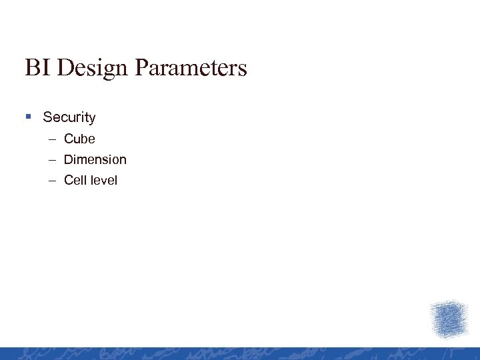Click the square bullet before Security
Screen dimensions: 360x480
coord(29,117)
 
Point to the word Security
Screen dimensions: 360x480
coord(69,117)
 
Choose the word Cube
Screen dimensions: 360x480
coord(79,139)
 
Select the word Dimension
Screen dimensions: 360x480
coord(95,159)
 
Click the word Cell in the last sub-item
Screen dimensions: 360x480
coord(75,180)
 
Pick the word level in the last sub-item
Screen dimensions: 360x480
coord(103,180)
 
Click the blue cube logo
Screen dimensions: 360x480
coord(449,319)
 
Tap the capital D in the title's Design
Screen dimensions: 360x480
coord(65,67)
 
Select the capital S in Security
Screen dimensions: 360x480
coord(47,117)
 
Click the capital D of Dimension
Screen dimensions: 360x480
coord(68,159)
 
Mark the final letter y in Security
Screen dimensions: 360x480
coord(92,119)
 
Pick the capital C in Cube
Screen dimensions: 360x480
coord(68,139)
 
